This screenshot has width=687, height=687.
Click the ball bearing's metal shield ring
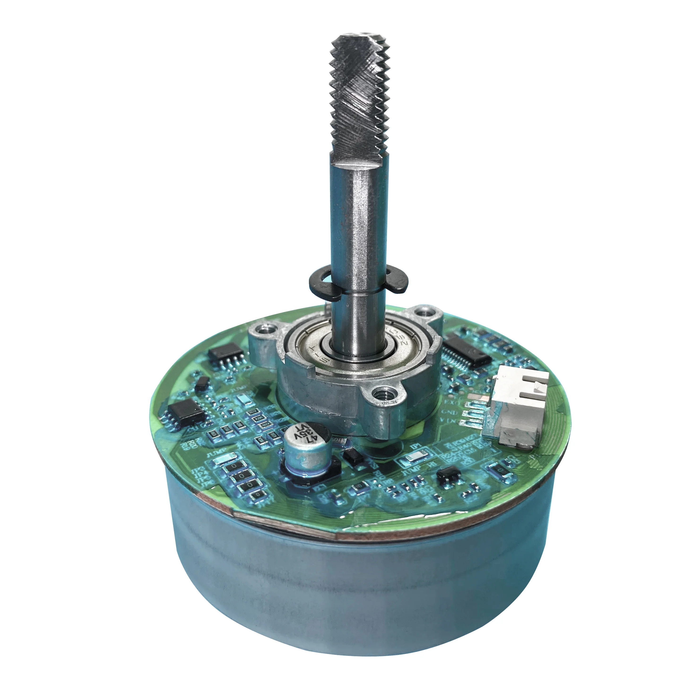point(309,347)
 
